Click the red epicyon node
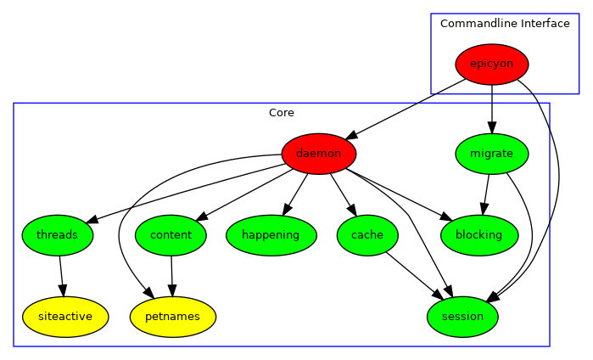(492, 65)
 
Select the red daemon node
(319, 154)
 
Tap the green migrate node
(492, 154)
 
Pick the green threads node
(58, 235)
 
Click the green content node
(171, 235)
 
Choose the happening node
(271, 235)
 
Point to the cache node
(367, 235)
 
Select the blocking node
(479, 235)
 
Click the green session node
(462, 317)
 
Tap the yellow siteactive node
(65, 317)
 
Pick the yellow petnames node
(173, 317)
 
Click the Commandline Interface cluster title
(505, 23)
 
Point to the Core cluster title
(282, 112)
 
